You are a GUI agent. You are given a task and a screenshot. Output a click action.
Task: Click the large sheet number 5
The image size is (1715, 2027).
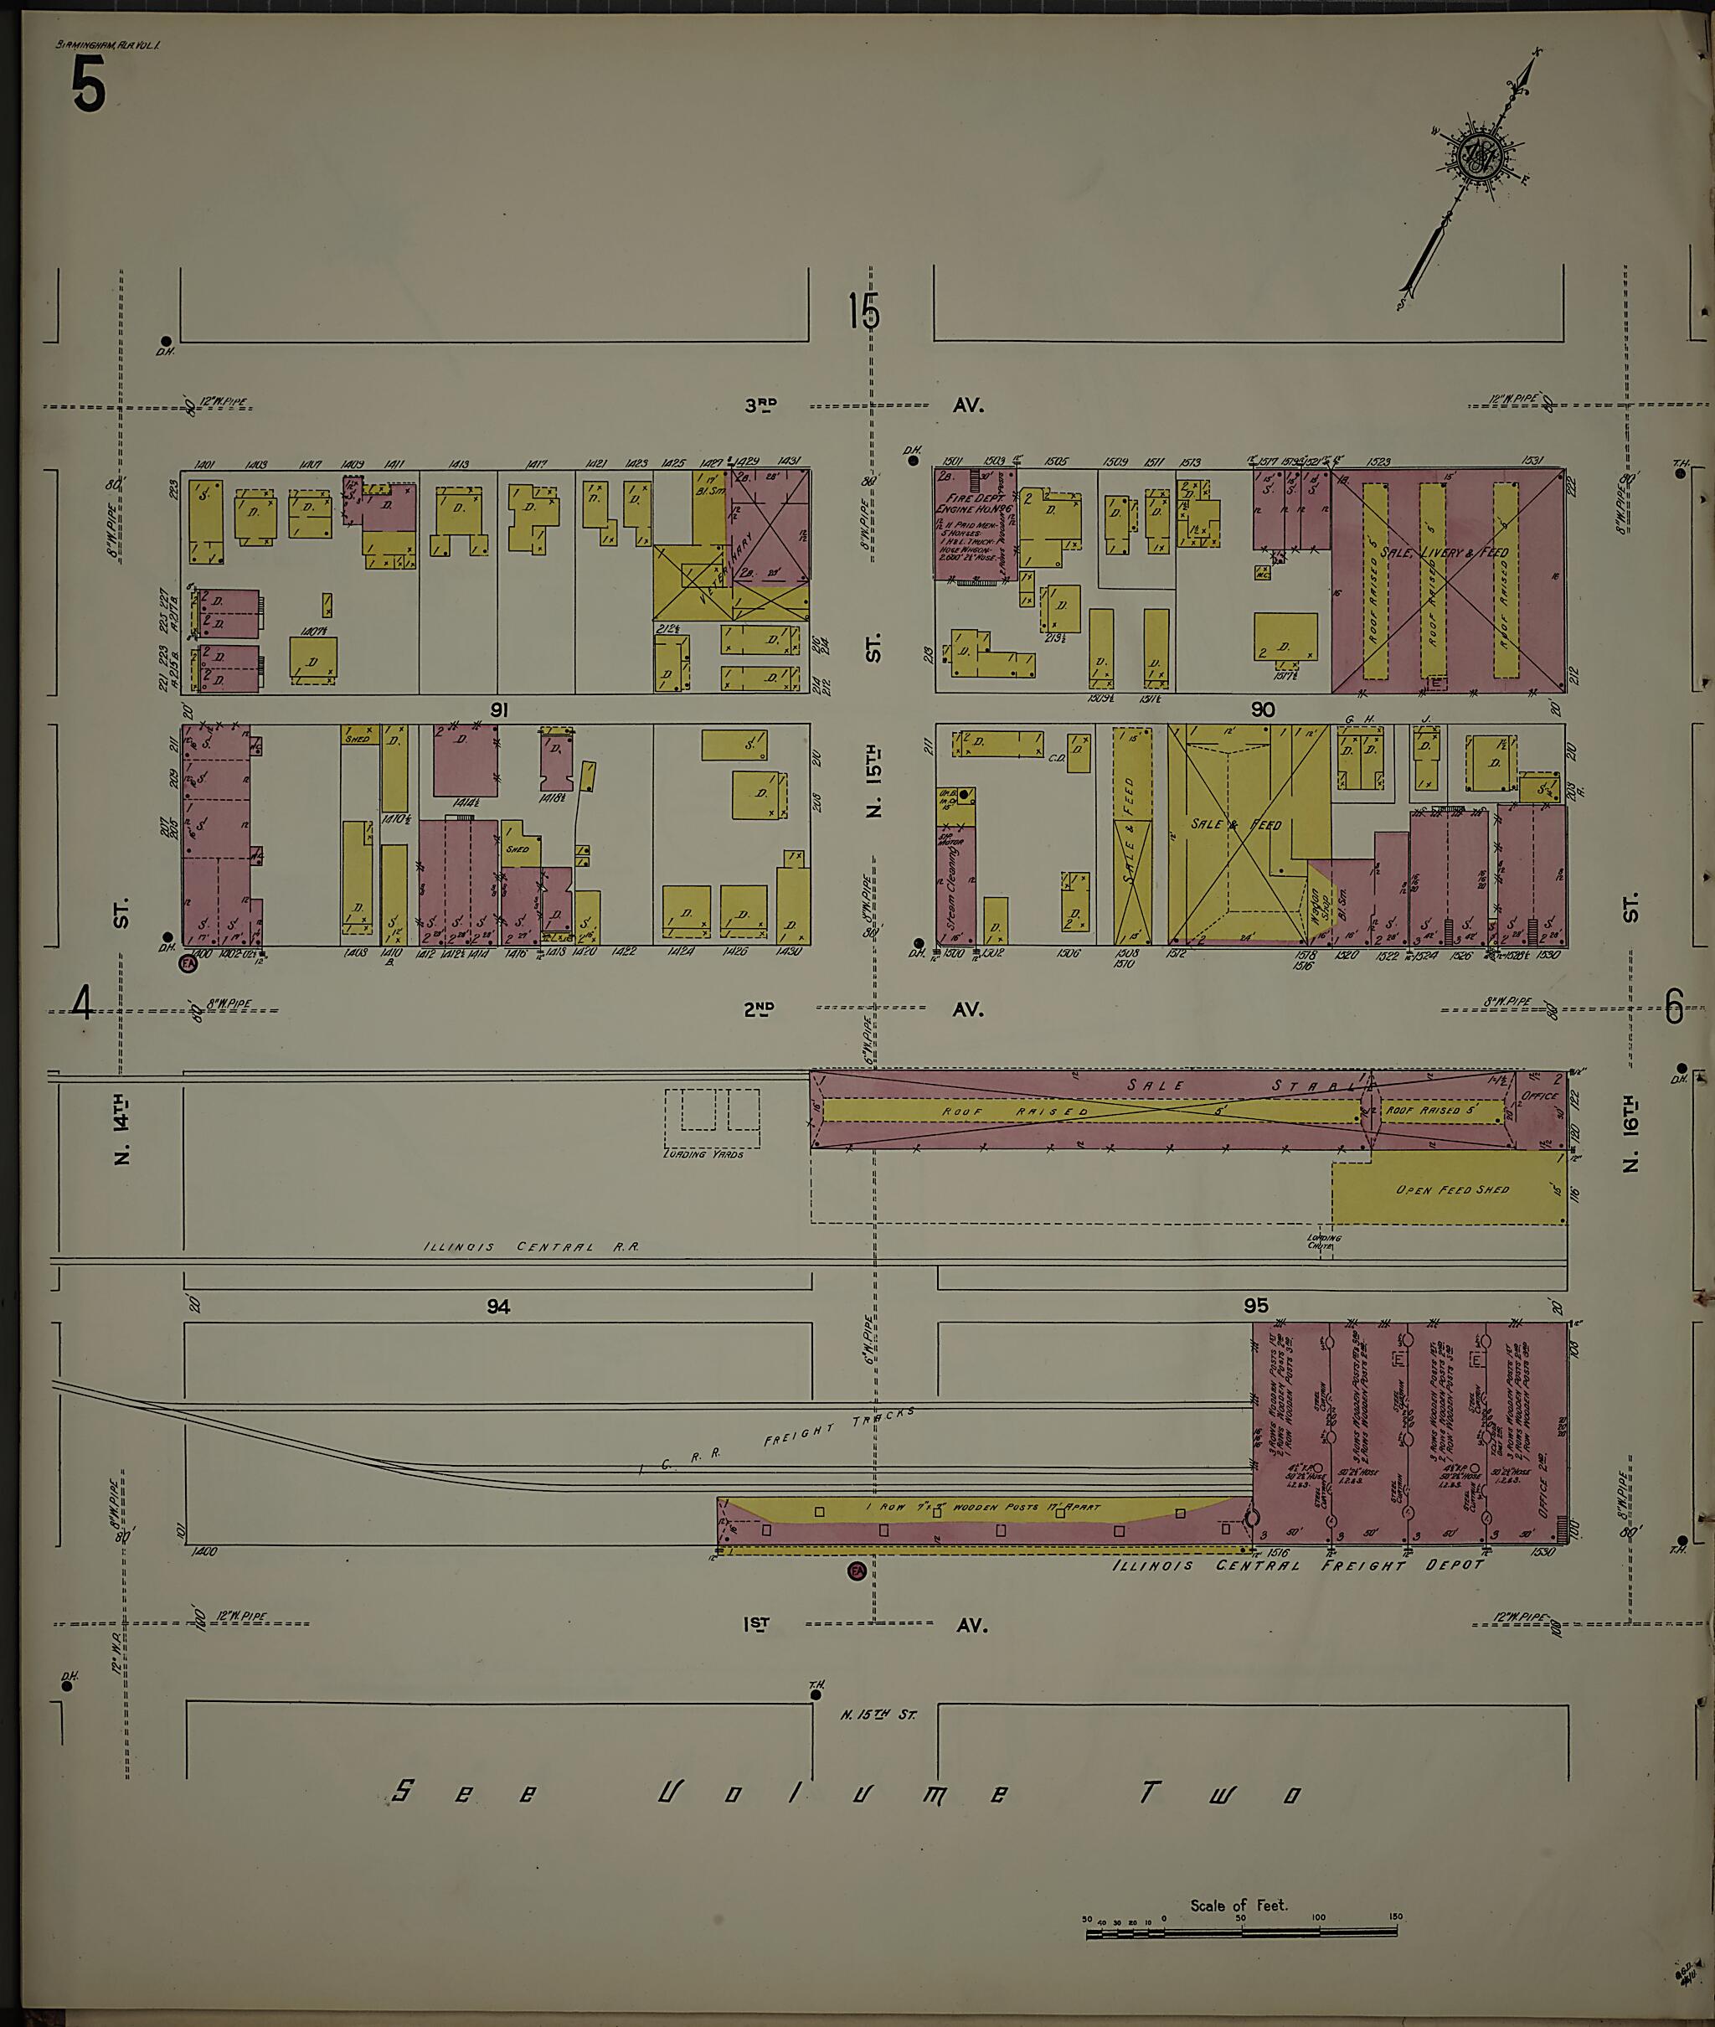86,85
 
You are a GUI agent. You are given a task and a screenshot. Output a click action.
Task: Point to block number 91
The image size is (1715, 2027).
499,709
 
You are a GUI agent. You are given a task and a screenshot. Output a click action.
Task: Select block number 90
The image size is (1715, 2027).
1262,709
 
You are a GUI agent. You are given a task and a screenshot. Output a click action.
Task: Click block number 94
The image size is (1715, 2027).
497,1307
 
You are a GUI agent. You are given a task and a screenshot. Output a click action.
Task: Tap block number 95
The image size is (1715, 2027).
1255,1307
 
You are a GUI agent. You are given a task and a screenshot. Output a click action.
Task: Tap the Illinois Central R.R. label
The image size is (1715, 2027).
531,1246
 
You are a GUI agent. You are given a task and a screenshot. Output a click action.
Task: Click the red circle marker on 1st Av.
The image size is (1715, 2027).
857,1572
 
